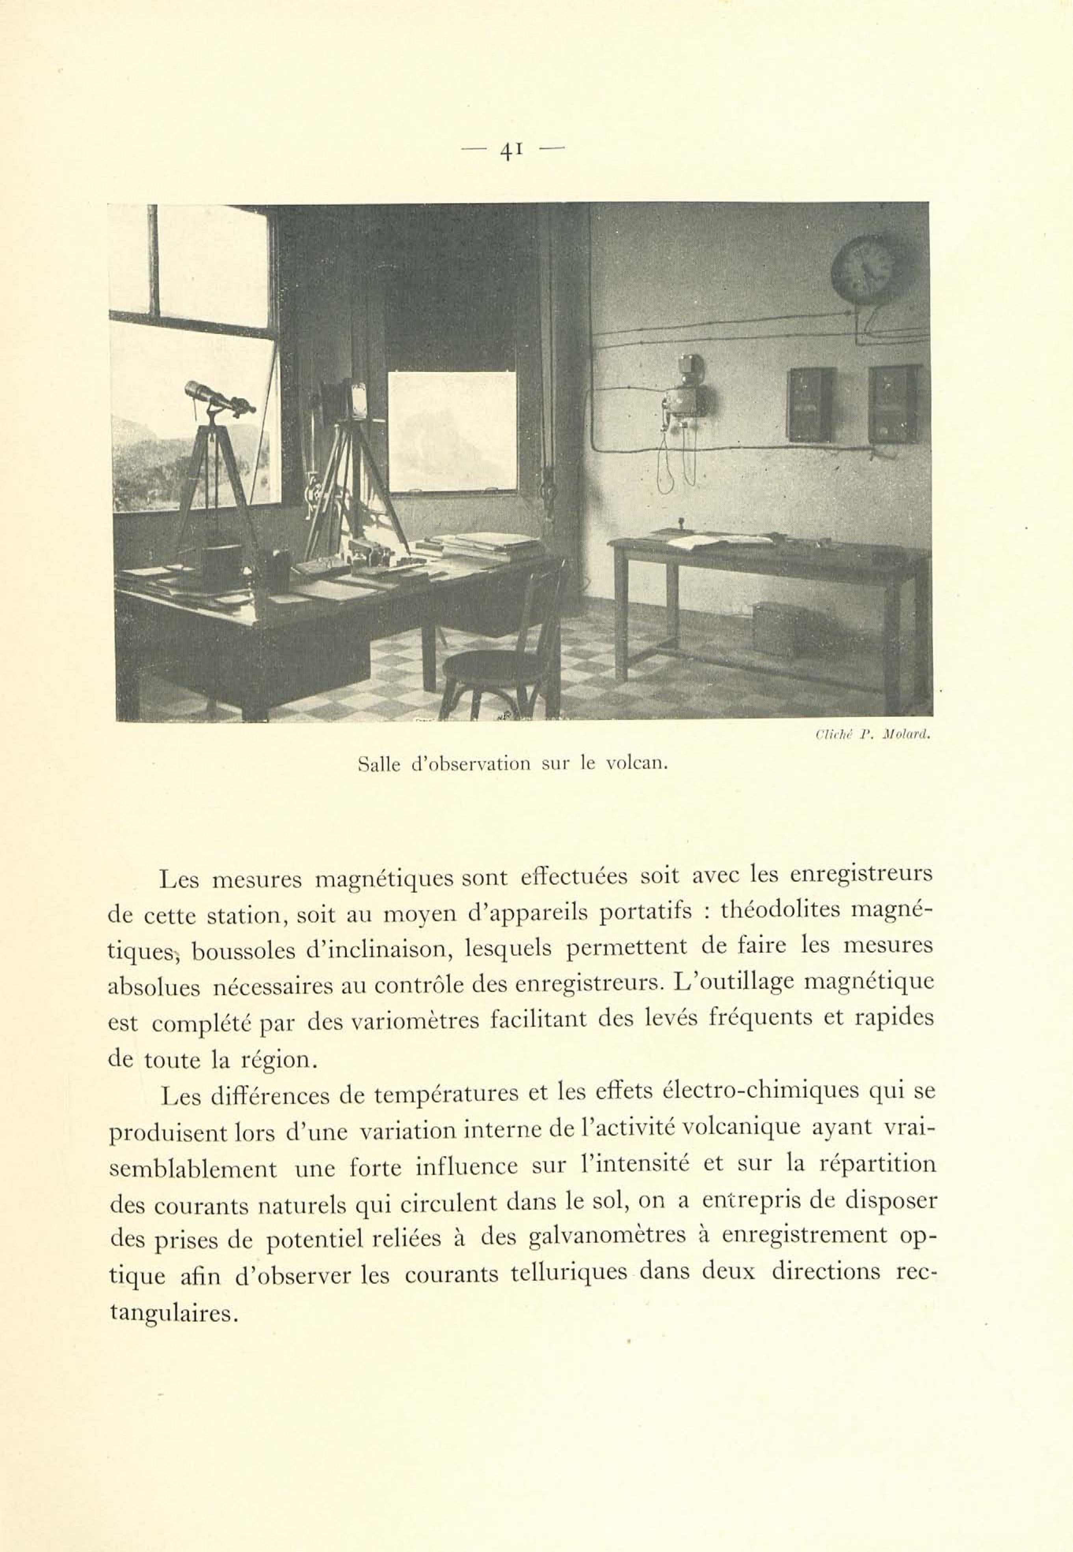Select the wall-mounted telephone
click(686, 397)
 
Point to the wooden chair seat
click(498, 666)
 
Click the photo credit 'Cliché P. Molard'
click(872, 736)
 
